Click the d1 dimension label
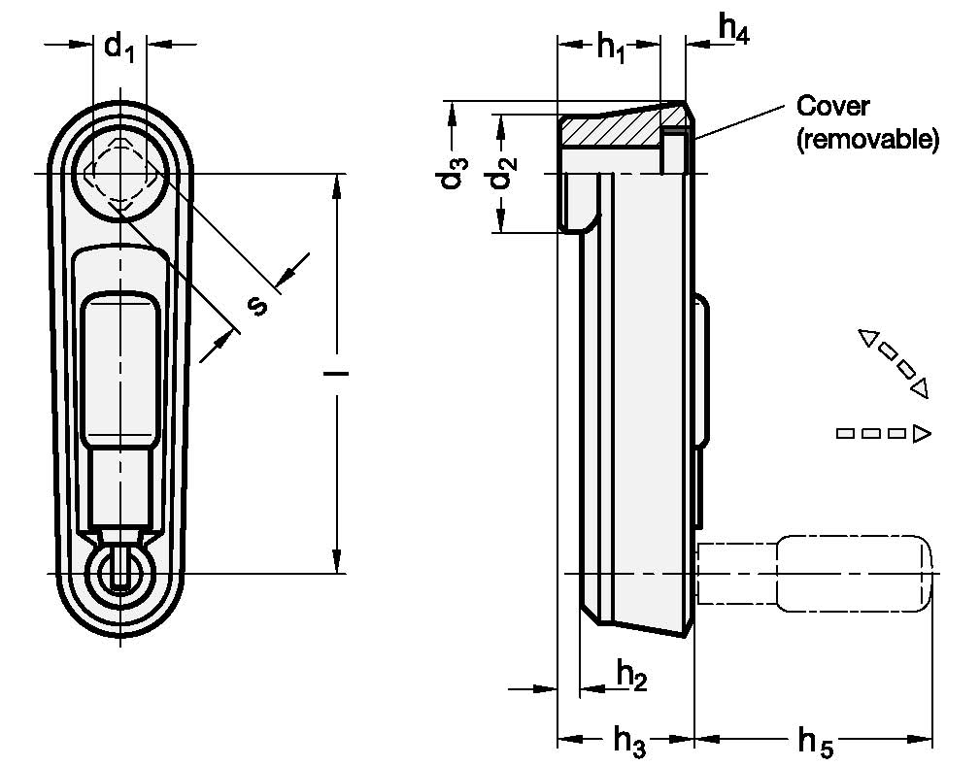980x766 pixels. point(118,48)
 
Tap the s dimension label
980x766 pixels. point(255,305)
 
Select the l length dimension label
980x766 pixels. point(336,374)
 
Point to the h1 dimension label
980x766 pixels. point(611,47)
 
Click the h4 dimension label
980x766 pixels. point(733,29)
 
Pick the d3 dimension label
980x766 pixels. point(452,173)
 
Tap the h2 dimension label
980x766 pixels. point(632,676)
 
